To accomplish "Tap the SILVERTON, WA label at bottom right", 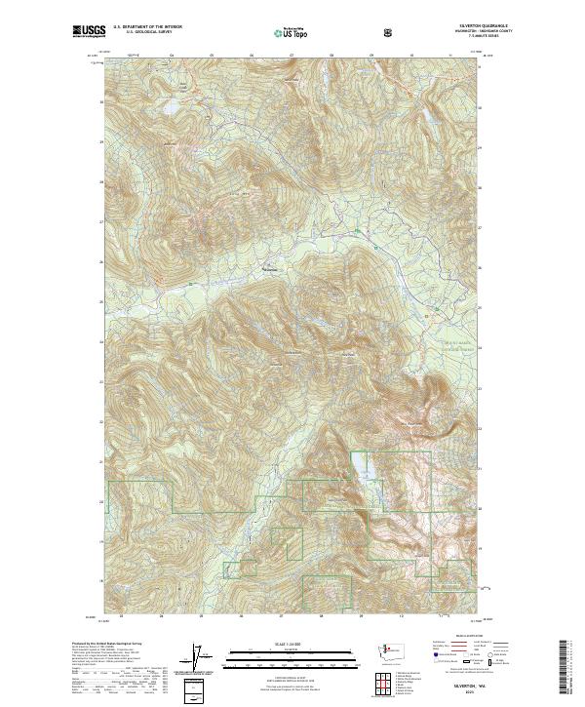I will pyautogui.click(x=466, y=687).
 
